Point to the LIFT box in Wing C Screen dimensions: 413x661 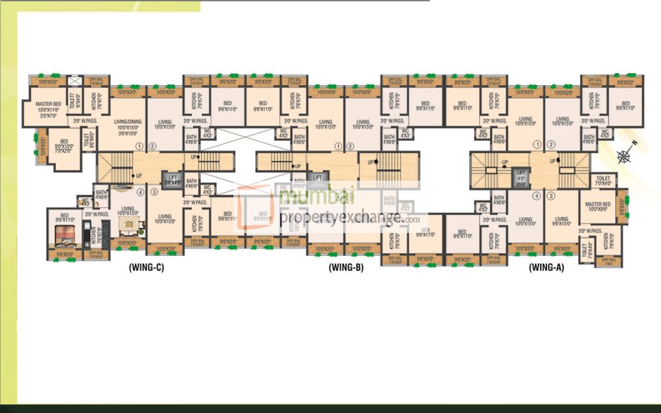coord(172,181)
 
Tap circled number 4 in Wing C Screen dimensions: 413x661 coord(140,192)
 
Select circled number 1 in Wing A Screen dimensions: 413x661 coord(536,144)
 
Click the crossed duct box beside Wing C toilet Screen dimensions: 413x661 coord(72,82)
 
